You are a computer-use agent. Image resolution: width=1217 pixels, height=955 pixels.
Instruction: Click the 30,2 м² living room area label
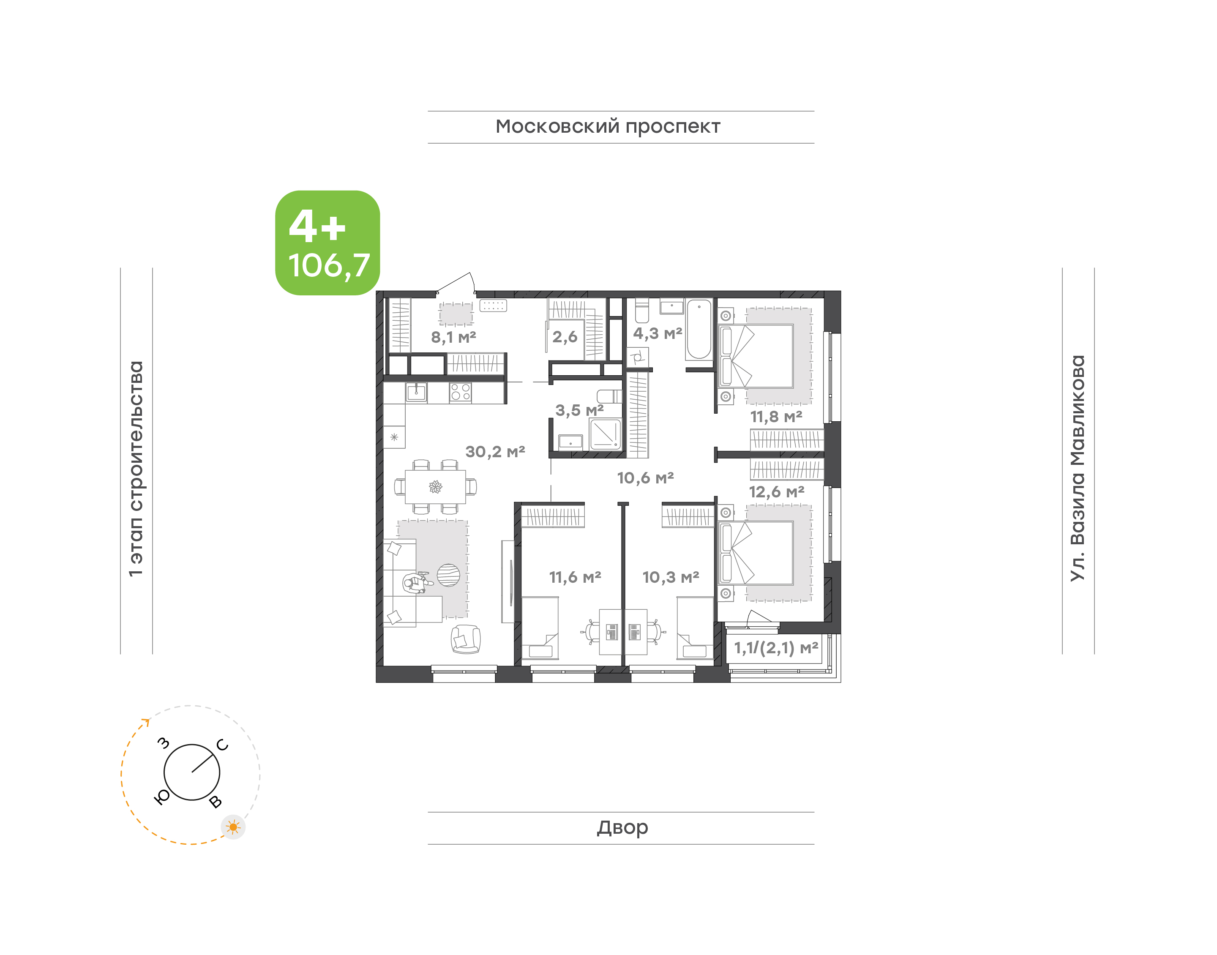click(495, 451)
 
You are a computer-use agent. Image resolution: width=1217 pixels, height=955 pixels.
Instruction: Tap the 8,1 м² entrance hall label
click(453, 337)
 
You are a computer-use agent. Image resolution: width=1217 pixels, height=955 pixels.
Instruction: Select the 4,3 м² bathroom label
click(658, 334)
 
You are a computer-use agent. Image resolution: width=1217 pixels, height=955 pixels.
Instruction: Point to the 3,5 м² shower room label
click(579, 410)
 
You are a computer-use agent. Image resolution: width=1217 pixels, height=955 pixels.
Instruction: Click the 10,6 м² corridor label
click(645, 478)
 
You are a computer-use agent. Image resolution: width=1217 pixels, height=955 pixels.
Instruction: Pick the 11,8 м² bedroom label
click(776, 417)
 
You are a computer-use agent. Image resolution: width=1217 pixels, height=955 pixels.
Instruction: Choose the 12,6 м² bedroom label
click(777, 492)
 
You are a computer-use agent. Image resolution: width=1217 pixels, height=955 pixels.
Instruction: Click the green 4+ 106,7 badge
click(327, 243)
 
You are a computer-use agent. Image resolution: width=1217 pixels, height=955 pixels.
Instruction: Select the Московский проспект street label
click(608, 127)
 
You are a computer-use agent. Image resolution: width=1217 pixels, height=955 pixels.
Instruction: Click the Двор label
click(622, 827)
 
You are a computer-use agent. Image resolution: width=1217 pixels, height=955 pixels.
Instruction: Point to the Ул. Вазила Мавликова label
click(1078, 468)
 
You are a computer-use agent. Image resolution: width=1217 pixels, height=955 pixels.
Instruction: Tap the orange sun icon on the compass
click(233, 827)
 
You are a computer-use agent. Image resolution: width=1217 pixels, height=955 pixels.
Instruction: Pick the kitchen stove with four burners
click(460, 393)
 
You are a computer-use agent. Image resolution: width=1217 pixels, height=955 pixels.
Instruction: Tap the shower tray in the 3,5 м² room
click(606, 434)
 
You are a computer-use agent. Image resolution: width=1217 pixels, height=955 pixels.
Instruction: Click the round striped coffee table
click(448, 575)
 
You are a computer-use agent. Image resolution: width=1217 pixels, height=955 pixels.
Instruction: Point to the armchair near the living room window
click(466, 639)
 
